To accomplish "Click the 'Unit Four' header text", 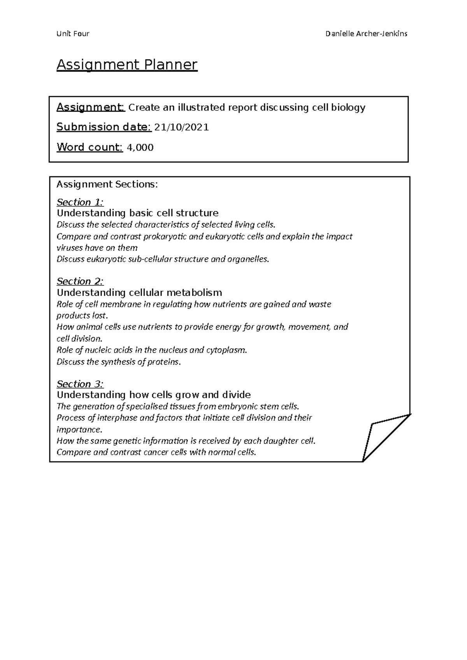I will (x=73, y=34).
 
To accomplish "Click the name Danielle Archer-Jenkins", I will (x=366, y=34).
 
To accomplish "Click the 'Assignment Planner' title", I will (x=127, y=65).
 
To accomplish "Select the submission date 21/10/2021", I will (x=182, y=127).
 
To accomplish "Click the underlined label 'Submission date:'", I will (x=104, y=127).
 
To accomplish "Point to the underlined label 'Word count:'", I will (x=90, y=147).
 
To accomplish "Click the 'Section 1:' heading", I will (x=80, y=202).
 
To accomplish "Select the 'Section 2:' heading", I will (x=80, y=281).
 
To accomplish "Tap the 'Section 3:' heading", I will (x=80, y=384).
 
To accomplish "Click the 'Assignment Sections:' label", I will (x=107, y=184).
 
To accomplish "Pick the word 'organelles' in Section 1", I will (x=248, y=259).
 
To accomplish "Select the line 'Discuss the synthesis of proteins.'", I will (x=119, y=362).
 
